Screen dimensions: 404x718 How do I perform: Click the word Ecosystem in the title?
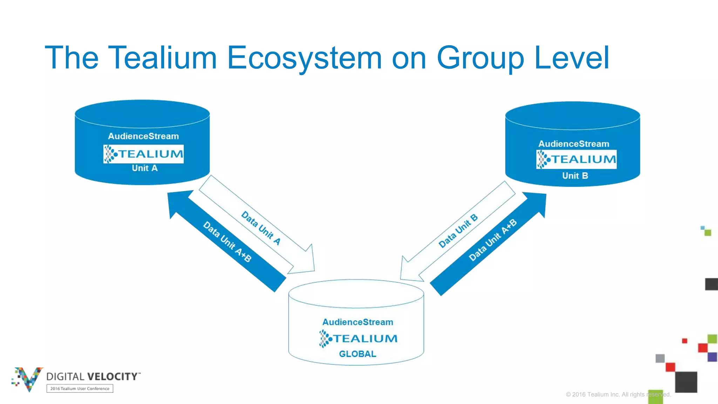[304, 58]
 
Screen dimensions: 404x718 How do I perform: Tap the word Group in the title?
[480, 58]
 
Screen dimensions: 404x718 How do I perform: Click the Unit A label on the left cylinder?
[144, 168]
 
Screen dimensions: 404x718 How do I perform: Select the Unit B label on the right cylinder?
[575, 176]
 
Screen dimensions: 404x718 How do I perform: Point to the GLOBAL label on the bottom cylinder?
[357, 354]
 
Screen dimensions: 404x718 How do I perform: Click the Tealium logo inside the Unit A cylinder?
[143, 154]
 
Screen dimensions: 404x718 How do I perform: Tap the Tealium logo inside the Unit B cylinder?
[576, 160]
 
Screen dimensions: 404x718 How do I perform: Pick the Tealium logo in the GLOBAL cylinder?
[358, 338]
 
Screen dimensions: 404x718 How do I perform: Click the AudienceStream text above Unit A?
[143, 136]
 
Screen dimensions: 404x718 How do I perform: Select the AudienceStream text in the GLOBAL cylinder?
[358, 322]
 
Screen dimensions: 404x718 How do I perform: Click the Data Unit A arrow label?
[261, 228]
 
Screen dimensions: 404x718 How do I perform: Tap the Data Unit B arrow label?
[458, 231]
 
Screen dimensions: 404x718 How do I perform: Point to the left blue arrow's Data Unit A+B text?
[227, 242]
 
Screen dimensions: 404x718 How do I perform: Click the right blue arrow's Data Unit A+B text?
[493, 240]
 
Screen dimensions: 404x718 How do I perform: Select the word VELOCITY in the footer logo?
[113, 377]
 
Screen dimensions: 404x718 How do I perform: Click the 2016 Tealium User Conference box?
[80, 389]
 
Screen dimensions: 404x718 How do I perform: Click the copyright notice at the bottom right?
[618, 395]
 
